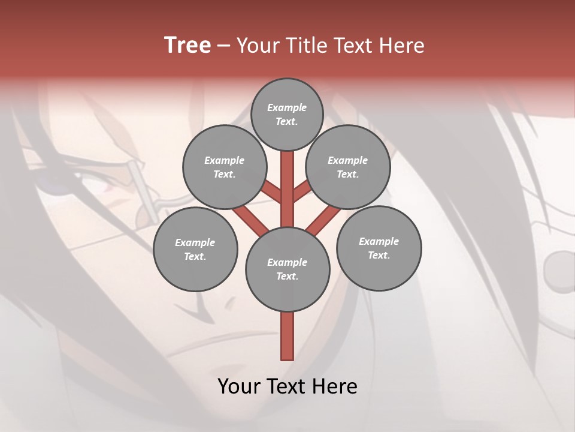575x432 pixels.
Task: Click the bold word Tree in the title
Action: pyautogui.click(x=187, y=45)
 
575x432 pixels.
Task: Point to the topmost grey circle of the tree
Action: pyautogui.click(x=287, y=114)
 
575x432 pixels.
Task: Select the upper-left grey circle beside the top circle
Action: pyautogui.click(x=224, y=167)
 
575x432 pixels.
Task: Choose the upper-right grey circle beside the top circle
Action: pyautogui.click(x=347, y=167)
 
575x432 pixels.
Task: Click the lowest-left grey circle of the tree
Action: pyautogui.click(x=195, y=249)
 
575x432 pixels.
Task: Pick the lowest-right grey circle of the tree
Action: pyautogui.click(x=379, y=248)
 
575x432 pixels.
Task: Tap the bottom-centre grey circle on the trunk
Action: pyautogui.click(x=287, y=269)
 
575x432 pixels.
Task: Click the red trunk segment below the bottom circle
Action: pyautogui.click(x=287, y=336)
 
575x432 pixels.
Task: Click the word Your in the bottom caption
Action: pyautogui.click(x=238, y=386)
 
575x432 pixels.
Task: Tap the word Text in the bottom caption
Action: pyautogui.click(x=287, y=386)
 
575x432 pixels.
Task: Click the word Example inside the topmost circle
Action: pyautogui.click(x=287, y=107)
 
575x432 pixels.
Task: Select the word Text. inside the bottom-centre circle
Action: pyautogui.click(x=287, y=276)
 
